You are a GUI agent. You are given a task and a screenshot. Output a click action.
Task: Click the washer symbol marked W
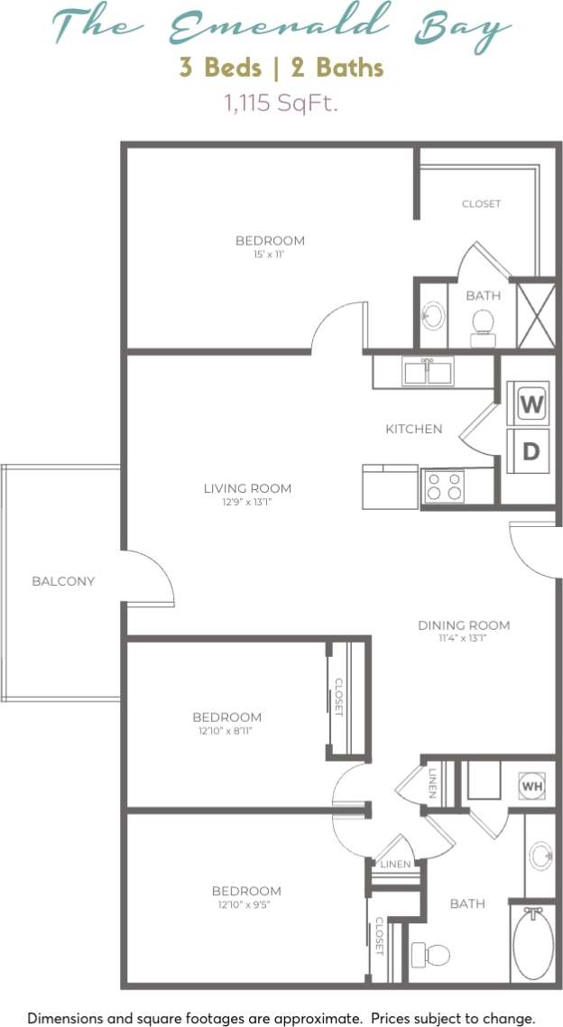(531, 405)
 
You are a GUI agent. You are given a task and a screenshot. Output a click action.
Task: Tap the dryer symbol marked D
(531, 450)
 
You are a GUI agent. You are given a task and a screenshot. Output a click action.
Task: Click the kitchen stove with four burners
(443, 486)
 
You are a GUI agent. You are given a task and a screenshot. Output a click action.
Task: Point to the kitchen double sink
(429, 371)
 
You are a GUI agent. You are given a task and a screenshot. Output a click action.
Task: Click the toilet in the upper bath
(484, 326)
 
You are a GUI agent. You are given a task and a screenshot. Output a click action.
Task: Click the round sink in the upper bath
(434, 316)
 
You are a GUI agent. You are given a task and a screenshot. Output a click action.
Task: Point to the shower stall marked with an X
(535, 314)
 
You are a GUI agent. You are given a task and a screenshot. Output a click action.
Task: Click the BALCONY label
(63, 581)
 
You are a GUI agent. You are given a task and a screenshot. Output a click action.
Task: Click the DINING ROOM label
(464, 625)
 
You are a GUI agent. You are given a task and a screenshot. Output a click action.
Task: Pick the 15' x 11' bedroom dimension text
(270, 254)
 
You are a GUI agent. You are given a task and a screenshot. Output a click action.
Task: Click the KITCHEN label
(414, 429)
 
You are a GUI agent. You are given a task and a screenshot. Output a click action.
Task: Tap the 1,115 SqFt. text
(281, 103)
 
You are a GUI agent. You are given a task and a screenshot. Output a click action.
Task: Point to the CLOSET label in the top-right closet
(481, 204)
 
